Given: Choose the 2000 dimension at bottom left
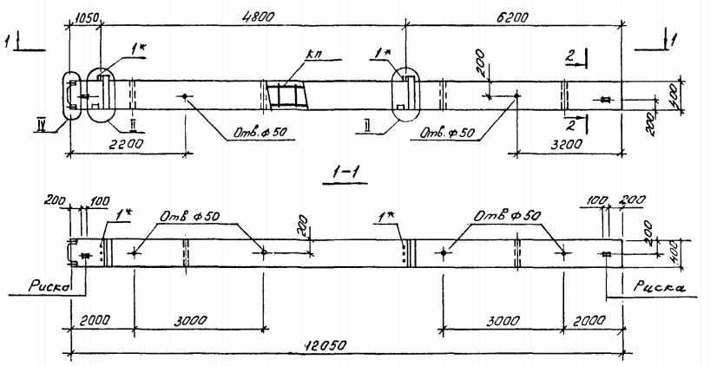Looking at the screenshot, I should (x=98, y=320).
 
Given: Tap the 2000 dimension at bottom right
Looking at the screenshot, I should (x=595, y=320).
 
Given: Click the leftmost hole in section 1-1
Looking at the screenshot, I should (x=135, y=254).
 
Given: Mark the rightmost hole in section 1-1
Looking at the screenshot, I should (x=564, y=253).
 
